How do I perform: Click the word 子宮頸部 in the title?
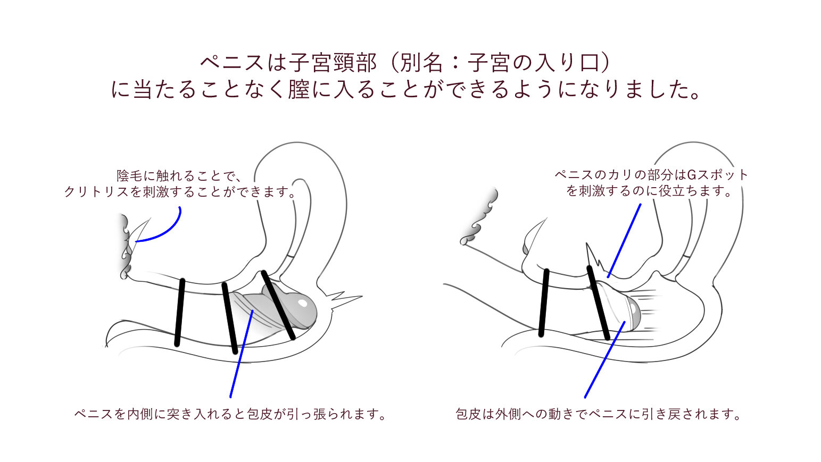tap(333, 63)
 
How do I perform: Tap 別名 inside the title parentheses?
tap(421, 63)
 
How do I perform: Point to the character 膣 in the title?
tap(298, 90)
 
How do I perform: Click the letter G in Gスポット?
tap(691, 175)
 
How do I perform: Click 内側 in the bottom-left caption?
tap(139, 414)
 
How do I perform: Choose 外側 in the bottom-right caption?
tap(508, 414)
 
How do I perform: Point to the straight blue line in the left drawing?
tap(241, 354)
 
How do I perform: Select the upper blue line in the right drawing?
tap(624, 240)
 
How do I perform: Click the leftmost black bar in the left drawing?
tap(180, 312)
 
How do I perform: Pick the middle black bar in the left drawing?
tap(230, 318)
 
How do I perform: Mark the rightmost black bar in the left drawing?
tap(278, 305)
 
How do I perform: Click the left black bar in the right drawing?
tap(544, 303)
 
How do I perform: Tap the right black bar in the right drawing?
tap(598, 303)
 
